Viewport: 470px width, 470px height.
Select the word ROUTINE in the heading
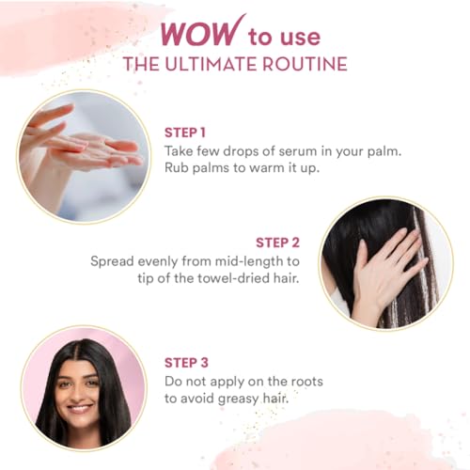click(305, 64)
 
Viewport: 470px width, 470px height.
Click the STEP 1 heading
click(185, 133)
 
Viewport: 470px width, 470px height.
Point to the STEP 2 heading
click(277, 243)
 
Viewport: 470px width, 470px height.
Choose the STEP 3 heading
click(186, 363)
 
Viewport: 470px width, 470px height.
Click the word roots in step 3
click(307, 382)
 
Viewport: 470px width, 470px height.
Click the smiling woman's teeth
click(79, 409)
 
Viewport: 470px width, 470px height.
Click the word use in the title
click(300, 38)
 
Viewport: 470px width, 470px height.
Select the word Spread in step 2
click(112, 261)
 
